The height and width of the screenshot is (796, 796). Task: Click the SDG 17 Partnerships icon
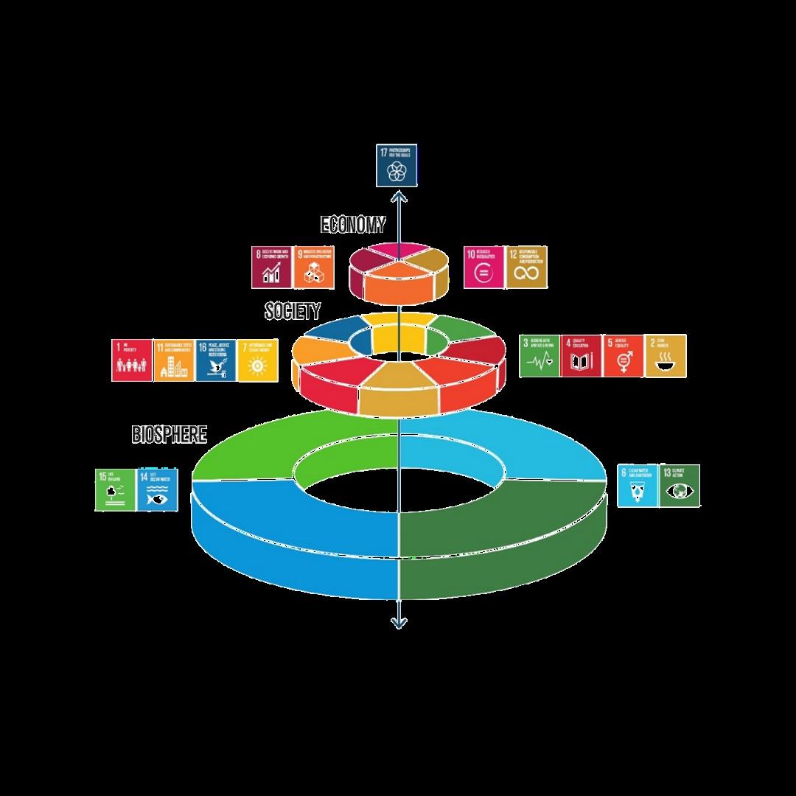pos(397,166)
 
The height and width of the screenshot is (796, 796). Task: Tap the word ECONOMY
pos(353,225)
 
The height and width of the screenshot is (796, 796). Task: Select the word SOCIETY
pos(293,311)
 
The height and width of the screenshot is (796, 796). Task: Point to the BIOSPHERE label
pos(170,435)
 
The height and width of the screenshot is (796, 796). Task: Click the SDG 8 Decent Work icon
pos(272,267)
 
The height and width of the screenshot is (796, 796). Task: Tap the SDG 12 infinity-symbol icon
pos(526,267)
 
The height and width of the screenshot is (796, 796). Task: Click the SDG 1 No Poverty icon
pos(132,360)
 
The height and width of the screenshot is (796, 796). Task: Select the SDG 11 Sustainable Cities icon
pos(174,360)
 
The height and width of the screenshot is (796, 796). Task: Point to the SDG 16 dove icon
pos(216,360)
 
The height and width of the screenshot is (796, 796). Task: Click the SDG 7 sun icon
pos(258,360)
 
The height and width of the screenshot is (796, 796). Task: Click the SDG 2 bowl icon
pos(666,356)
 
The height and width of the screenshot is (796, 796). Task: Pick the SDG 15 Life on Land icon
pos(115,490)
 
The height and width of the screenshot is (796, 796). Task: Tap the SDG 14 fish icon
pos(156,490)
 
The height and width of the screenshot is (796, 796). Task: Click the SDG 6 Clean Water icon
pos(638,486)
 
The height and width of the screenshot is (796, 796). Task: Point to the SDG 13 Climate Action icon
pos(680,486)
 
